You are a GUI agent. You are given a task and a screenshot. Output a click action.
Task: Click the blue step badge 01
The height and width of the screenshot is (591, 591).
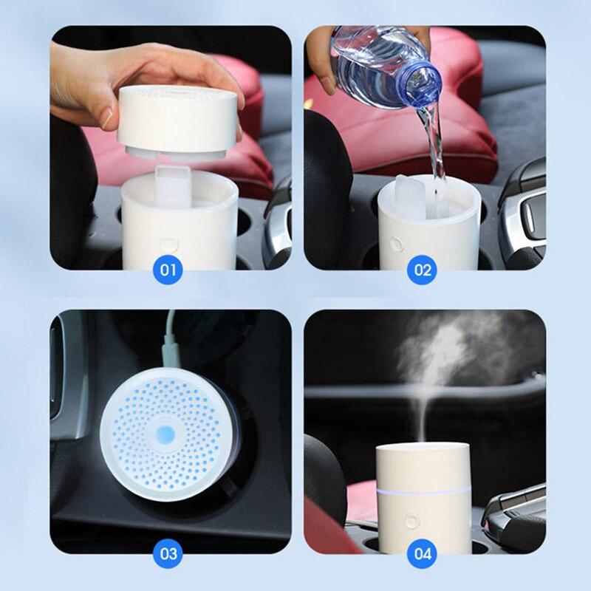click(x=168, y=270)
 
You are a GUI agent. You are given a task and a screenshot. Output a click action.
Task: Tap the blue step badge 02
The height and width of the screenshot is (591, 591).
click(x=423, y=270)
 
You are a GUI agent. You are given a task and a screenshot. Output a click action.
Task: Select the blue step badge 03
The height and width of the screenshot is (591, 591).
click(x=168, y=553)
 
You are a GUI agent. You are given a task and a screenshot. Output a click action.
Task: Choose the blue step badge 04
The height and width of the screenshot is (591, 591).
click(x=423, y=553)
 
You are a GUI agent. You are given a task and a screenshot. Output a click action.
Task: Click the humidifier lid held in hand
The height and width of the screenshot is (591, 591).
click(x=180, y=122)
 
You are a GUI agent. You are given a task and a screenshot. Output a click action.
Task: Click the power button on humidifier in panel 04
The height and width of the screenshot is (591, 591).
click(x=412, y=522)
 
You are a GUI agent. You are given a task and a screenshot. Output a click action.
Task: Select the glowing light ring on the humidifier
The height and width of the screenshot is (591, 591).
click(x=422, y=491)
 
